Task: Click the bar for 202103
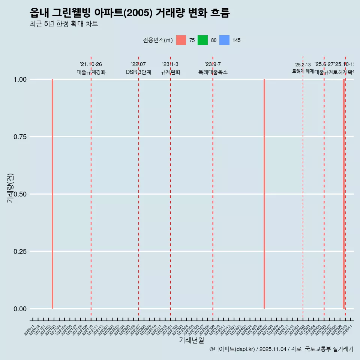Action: point(52,194)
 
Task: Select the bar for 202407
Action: point(264,194)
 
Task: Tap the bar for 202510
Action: point(343,194)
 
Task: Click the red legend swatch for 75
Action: point(181,40)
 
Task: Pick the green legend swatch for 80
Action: point(202,40)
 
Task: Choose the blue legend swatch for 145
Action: point(224,40)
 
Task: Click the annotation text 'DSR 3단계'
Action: point(138,72)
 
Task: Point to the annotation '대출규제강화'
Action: point(91,72)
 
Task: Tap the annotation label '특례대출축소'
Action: point(213,72)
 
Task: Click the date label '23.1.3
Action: point(170,64)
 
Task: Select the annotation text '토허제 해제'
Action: point(303,71)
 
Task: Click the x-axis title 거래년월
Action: point(192,340)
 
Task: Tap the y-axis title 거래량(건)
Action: point(10,187)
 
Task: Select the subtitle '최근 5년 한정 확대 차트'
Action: point(64,24)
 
